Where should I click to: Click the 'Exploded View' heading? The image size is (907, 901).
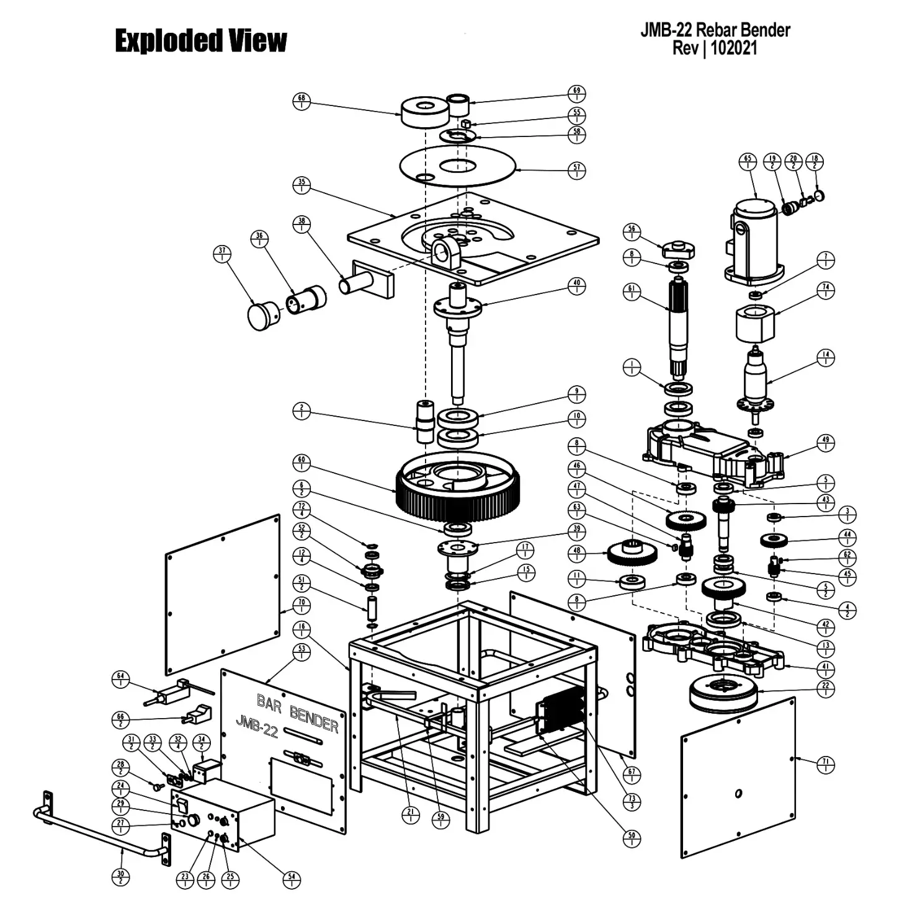pos(200,41)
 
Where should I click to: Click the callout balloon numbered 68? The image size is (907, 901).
pos(302,101)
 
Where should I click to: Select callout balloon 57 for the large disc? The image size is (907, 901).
pos(577,170)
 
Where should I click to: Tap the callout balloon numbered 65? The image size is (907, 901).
pos(748,161)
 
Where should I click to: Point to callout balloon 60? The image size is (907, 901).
pos(302,463)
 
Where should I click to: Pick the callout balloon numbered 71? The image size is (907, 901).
pos(825,765)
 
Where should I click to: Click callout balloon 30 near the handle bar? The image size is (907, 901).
pos(120,877)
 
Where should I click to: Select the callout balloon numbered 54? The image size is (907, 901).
pos(292,880)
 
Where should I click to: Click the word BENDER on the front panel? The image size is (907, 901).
pos(313,719)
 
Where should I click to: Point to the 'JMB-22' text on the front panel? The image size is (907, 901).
pos(256,726)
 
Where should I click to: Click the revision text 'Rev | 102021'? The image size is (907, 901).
pos(715,48)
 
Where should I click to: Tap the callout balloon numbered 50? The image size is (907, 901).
pos(632,838)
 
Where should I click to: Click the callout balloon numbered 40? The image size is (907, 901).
pos(577,286)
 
